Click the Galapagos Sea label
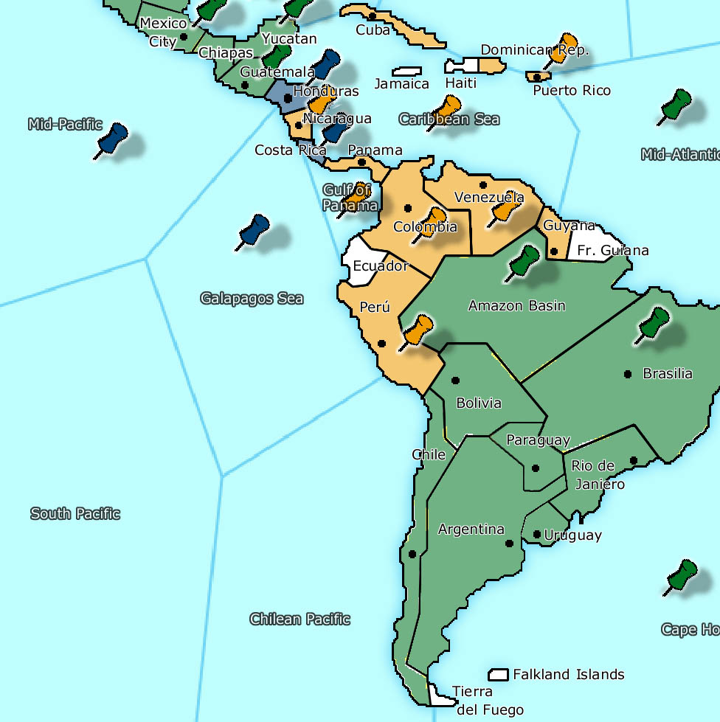pos(252,299)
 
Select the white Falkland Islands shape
pos(499,675)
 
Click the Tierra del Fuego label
pos(482,701)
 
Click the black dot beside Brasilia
pos(628,374)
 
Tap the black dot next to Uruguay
pos(536,535)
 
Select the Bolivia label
pos(479,403)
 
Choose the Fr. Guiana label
pos(612,251)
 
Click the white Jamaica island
pos(406,72)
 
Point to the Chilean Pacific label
pos(300,619)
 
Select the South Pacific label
pos(75,513)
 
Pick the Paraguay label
pos(538,440)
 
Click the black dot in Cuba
pos(373,15)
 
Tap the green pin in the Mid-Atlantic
pos(674,105)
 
